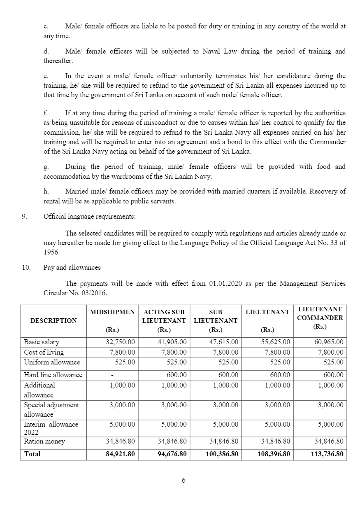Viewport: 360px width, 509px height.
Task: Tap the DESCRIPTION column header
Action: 53,320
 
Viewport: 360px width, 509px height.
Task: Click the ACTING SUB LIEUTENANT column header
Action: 164,316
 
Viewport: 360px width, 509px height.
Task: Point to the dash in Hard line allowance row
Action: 112,375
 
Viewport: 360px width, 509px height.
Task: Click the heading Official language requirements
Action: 89,217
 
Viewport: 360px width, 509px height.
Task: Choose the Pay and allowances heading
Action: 72,268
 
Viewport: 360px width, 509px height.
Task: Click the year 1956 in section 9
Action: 51,252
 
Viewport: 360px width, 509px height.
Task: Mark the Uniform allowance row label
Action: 52,362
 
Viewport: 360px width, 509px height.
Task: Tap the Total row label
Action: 33,454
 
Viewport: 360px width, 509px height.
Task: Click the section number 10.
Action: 26,268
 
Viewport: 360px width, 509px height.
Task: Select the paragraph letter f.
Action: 46,113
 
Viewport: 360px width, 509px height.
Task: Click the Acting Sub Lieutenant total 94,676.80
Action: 172,454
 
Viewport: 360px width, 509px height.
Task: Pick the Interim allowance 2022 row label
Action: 51,428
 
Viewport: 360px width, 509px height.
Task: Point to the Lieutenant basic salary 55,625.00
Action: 275,342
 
